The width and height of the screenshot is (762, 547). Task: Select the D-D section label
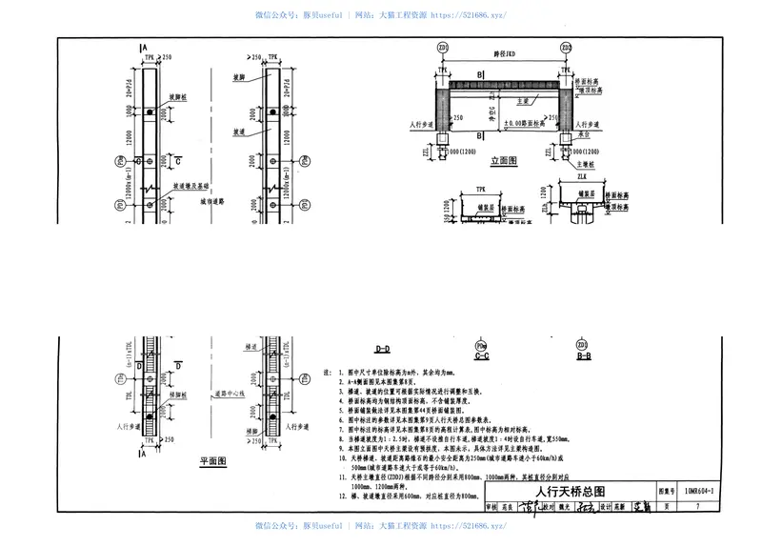point(382,350)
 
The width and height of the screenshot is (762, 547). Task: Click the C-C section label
point(480,356)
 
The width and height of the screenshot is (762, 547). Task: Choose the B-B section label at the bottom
point(583,355)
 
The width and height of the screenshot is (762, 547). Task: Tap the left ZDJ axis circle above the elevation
point(442,47)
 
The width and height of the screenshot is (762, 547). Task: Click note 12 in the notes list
point(400,496)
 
